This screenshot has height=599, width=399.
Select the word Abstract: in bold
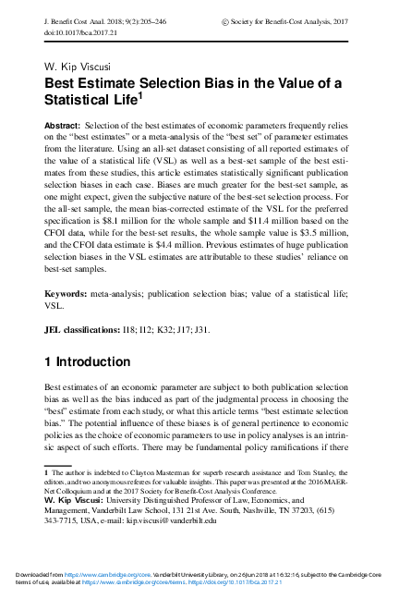pyautogui.click(x=64, y=123)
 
